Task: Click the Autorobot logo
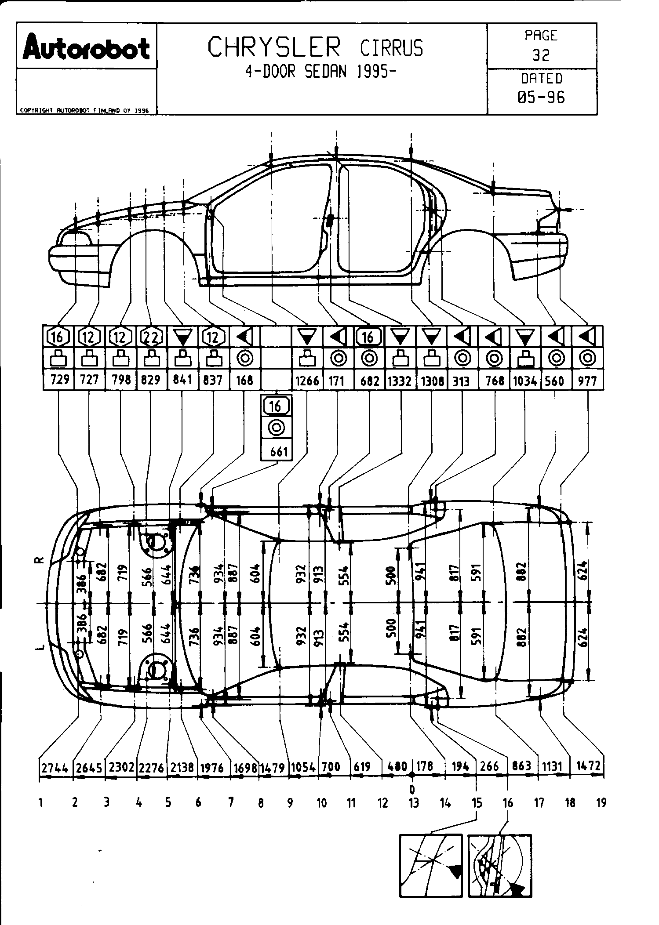pos(87,47)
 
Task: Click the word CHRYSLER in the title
pos(274,47)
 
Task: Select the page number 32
pos(541,55)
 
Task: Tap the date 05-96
pos(541,97)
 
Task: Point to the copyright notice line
pos(84,111)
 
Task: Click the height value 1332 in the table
pos(400,380)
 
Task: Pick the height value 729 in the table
pos(59,379)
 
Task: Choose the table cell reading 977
pos(587,380)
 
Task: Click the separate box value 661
pos(277,451)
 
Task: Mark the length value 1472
pos(588,766)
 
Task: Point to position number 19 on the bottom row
pos(601,803)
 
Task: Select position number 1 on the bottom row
pos(40,803)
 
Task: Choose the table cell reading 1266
pos(307,380)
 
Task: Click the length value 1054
pos(303,768)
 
